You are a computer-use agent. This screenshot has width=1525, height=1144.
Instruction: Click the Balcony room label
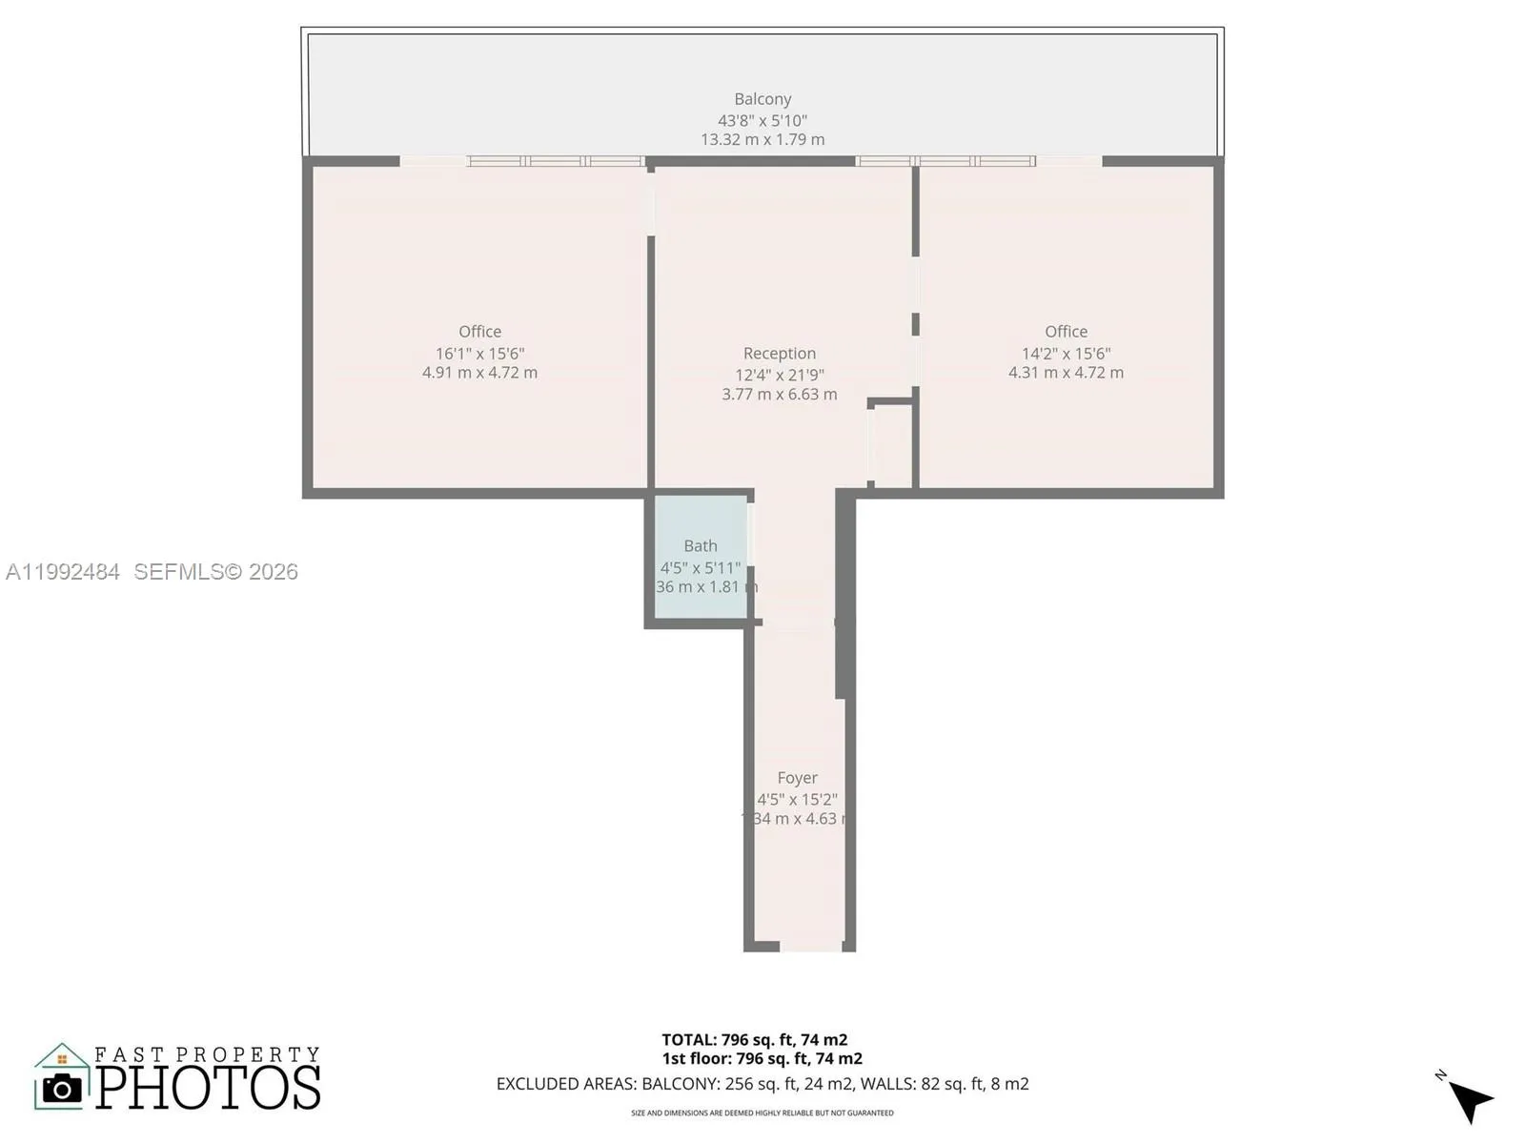click(762, 99)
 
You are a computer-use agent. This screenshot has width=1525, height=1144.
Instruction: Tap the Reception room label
click(780, 354)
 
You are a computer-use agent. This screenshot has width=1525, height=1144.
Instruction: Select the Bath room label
click(701, 546)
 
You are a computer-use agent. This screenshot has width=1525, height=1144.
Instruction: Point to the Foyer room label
click(797, 778)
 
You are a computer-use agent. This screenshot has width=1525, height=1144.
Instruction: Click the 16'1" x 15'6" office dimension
click(479, 354)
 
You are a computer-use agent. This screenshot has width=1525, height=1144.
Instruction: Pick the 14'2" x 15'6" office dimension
click(1066, 354)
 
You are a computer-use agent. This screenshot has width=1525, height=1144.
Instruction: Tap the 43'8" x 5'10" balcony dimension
click(762, 121)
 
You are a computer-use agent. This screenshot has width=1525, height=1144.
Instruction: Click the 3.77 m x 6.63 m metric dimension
click(780, 395)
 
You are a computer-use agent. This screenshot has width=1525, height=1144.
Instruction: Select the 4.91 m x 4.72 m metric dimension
click(479, 373)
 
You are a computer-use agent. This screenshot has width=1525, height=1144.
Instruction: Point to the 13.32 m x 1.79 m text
click(762, 140)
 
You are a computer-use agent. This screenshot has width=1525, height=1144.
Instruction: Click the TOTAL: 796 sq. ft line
click(755, 1040)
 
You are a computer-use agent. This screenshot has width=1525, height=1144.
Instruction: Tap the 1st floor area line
click(762, 1059)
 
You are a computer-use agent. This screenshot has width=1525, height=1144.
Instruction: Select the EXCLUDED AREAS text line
click(762, 1084)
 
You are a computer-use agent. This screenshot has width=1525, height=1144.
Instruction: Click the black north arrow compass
click(1470, 1100)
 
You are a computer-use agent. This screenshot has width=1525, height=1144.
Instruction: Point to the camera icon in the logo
click(63, 1088)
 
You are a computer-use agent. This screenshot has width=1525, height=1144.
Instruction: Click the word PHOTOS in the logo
click(208, 1088)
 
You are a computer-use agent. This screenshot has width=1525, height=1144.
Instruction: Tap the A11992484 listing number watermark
click(63, 572)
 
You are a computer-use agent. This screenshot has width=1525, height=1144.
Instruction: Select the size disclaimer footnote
click(762, 1113)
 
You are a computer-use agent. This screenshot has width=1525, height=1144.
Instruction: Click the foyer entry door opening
click(810, 947)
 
